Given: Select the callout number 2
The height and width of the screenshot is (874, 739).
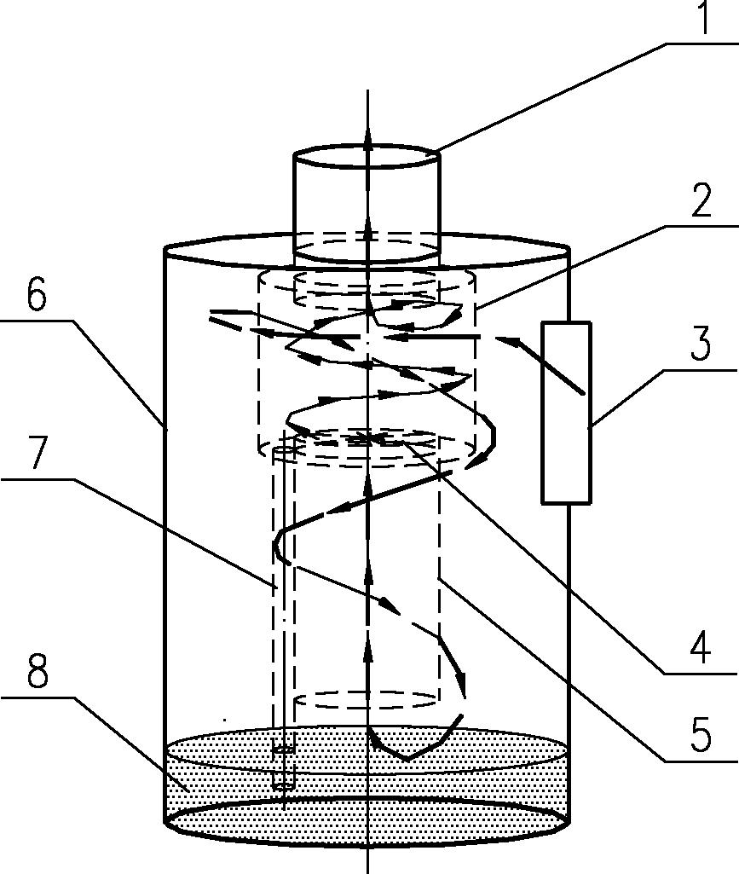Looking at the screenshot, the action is pos(701,200).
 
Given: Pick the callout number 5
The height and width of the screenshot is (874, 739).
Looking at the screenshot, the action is pos(701,734).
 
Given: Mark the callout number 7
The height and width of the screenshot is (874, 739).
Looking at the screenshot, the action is pos(37,453).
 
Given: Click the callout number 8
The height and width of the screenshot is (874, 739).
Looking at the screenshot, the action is pos(38,670).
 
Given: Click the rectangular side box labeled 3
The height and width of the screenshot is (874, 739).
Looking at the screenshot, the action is pos(566,413).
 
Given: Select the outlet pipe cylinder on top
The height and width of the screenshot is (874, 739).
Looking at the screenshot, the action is pos(367,204).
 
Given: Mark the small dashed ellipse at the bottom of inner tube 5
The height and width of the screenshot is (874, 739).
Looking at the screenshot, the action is pos(367,701).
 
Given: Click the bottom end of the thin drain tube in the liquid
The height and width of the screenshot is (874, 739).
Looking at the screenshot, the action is pos(283,785).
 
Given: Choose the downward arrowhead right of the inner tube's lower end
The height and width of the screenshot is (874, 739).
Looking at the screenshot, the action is pos(460,683).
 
